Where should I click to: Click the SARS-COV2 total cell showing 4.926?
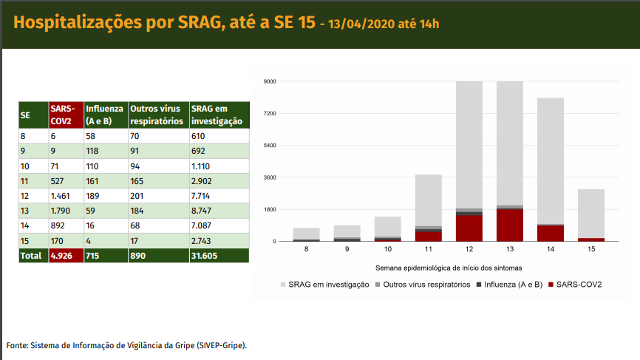65,255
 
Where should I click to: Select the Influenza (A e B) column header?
104,115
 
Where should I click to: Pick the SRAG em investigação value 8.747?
204,210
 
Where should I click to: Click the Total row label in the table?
32,255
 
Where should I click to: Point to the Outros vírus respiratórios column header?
157,115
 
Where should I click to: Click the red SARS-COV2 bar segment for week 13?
509,225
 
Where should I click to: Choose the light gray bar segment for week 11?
428,200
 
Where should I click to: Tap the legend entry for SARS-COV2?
579,285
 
